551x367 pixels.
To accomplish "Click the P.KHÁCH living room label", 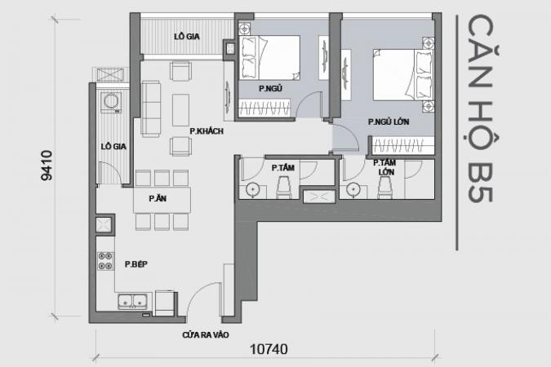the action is pyautogui.click(x=207, y=131).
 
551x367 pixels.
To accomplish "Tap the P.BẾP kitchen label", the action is pyautogui.click(x=136, y=264).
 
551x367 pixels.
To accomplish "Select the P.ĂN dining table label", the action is pyautogui.click(x=158, y=198).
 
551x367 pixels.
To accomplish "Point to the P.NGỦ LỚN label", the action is pyautogui.click(x=389, y=122).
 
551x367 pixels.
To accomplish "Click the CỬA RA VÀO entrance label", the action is pyautogui.click(x=205, y=335).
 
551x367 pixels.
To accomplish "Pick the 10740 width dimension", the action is pyautogui.click(x=269, y=349).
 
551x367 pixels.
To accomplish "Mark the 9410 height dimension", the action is pyautogui.click(x=47, y=166).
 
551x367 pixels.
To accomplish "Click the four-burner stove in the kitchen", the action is pyautogui.click(x=105, y=261).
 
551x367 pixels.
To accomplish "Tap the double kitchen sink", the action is pyautogui.click(x=132, y=302).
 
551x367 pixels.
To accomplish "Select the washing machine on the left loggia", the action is pyautogui.click(x=111, y=102).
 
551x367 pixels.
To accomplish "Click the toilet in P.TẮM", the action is pyautogui.click(x=283, y=188).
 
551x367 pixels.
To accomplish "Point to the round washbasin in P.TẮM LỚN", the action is pyautogui.click(x=353, y=190).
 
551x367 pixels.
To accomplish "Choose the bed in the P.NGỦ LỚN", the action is pyautogui.click(x=402, y=74).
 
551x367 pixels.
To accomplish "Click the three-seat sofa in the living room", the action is pyautogui.click(x=151, y=108).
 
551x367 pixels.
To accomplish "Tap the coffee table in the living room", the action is pyautogui.click(x=180, y=109).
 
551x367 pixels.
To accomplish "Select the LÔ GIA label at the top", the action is pyautogui.click(x=187, y=37).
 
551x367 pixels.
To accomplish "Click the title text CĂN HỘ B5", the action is pyautogui.click(x=480, y=108).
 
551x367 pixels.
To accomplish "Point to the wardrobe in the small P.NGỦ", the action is pyautogui.click(x=264, y=107).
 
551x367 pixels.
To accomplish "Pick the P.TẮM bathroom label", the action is pyautogui.click(x=283, y=168).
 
